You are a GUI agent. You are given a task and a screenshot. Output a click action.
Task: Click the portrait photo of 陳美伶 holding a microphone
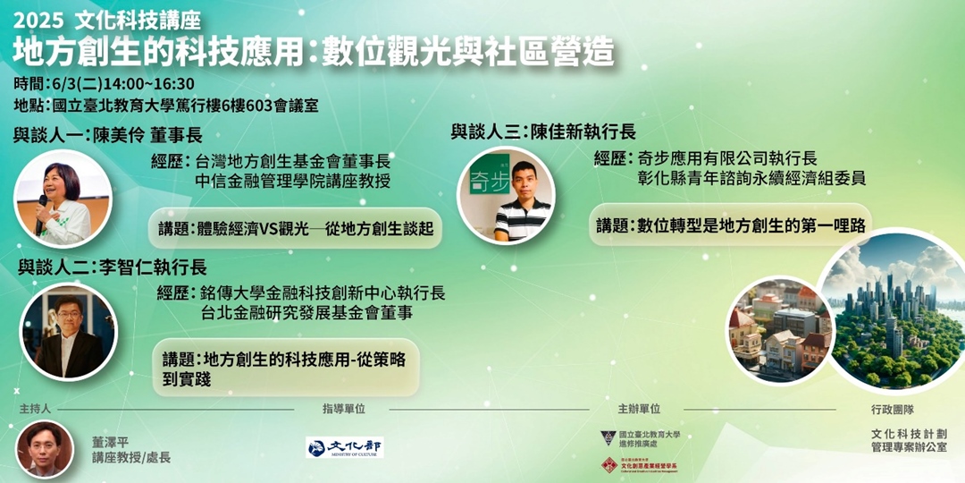[63, 199]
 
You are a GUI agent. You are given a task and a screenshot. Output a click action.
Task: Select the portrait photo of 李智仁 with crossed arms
[68, 332]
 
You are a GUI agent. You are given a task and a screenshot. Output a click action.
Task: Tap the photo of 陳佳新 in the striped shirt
[507, 195]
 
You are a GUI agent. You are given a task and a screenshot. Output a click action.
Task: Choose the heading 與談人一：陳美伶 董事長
[108, 136]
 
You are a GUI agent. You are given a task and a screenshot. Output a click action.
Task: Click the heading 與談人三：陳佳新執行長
[543, 131]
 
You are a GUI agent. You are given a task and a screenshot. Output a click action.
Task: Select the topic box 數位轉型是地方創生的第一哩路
[731, 225]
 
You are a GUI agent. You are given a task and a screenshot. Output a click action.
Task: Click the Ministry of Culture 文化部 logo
[344, 447]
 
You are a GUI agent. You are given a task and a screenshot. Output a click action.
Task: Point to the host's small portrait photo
[45, 449]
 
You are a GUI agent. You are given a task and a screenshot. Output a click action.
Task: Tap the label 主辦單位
[639, 409]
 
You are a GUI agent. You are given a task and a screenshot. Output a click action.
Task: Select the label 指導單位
[344, 409]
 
